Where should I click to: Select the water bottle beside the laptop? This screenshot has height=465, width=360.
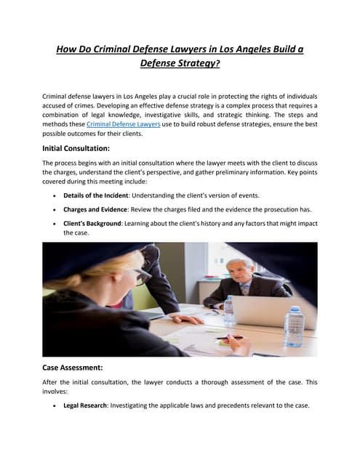click(x=229, y=309)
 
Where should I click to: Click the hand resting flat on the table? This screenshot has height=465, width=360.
click(x=185, y=318)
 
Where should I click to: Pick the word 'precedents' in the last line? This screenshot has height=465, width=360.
click(x=219, y=405)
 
